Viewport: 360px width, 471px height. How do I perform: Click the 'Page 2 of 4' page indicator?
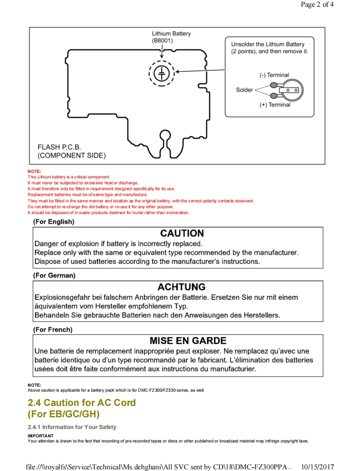[317, 5]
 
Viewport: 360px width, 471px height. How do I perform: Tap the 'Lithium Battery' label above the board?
[171, 34]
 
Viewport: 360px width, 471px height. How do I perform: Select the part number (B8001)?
[162, 41]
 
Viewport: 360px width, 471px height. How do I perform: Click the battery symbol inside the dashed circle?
[162, 73]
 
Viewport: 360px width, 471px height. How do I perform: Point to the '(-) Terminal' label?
[274, 75]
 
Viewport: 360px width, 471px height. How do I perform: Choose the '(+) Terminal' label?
[274, 105]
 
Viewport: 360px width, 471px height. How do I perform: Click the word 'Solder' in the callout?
[244, 90]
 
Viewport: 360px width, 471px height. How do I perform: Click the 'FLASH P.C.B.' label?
[59, 147]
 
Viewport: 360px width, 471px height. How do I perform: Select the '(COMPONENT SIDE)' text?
[71, 156]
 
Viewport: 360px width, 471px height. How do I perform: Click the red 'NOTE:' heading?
[34, 172]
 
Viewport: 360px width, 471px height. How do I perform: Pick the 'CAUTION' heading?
[182, 233]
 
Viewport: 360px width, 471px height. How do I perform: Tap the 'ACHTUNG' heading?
[181, 287]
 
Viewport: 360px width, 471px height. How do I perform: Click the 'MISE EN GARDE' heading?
[188, 341]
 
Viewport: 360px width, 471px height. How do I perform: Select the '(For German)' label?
[54, 276]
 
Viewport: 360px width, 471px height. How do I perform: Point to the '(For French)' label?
[52, 330]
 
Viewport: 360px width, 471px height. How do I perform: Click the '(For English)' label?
[53, 222]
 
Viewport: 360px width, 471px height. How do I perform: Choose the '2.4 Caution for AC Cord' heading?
[82, 403]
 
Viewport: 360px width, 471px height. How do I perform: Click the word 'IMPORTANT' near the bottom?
[41, 436]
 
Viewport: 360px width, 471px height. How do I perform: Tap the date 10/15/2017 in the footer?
[318, 467]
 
